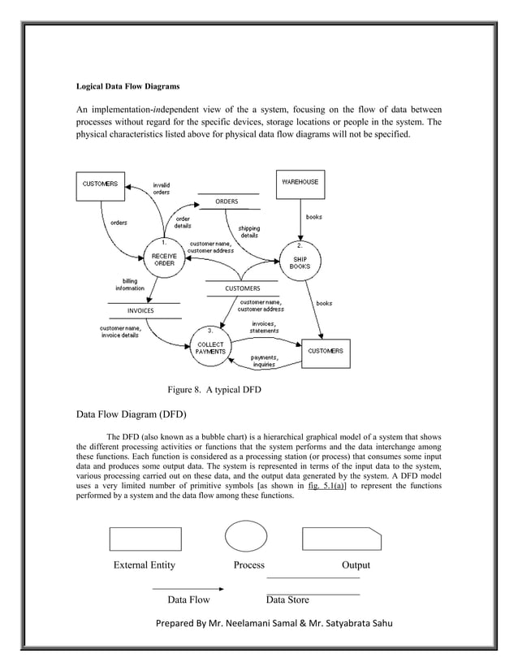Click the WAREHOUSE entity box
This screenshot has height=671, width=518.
click(300, 183)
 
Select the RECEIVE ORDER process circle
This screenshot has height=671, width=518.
click(164, 258)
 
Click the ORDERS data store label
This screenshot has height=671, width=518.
click(227, 201)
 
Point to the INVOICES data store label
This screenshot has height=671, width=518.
click(140, 310)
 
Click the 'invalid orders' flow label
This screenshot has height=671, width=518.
click(162, 188)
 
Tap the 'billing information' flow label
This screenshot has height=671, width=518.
click(130, 284)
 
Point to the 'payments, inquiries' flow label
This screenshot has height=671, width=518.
click(263, 361)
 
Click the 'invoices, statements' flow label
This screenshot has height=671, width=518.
click(265, 327)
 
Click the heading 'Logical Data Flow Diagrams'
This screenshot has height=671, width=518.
click(127, 84)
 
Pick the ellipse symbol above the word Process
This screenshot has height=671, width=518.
click(245, 537)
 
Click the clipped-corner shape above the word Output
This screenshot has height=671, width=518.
click(342, 539)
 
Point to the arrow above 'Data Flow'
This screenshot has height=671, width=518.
click(188, 587)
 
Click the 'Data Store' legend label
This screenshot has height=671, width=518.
click(287, 600)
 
